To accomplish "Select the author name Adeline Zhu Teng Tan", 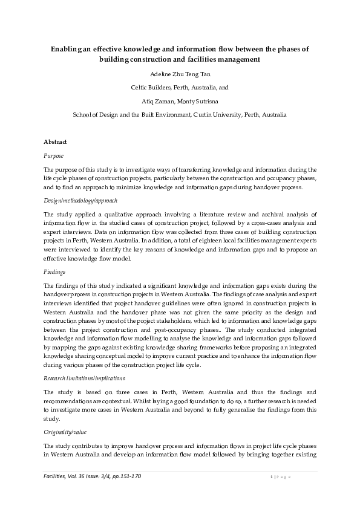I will pyautogui.click(x=180, y=73).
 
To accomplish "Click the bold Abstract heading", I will pyautogui.click(x=56, y=141).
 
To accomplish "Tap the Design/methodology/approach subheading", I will pyautogui.click(x=80, y=200).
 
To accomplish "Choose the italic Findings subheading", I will pyautogui.click(x=55, y=272).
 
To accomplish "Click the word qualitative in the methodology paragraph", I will pyautogui.click(x=113, y=214).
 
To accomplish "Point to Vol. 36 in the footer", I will pyautogui.click(x=80, y=476).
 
